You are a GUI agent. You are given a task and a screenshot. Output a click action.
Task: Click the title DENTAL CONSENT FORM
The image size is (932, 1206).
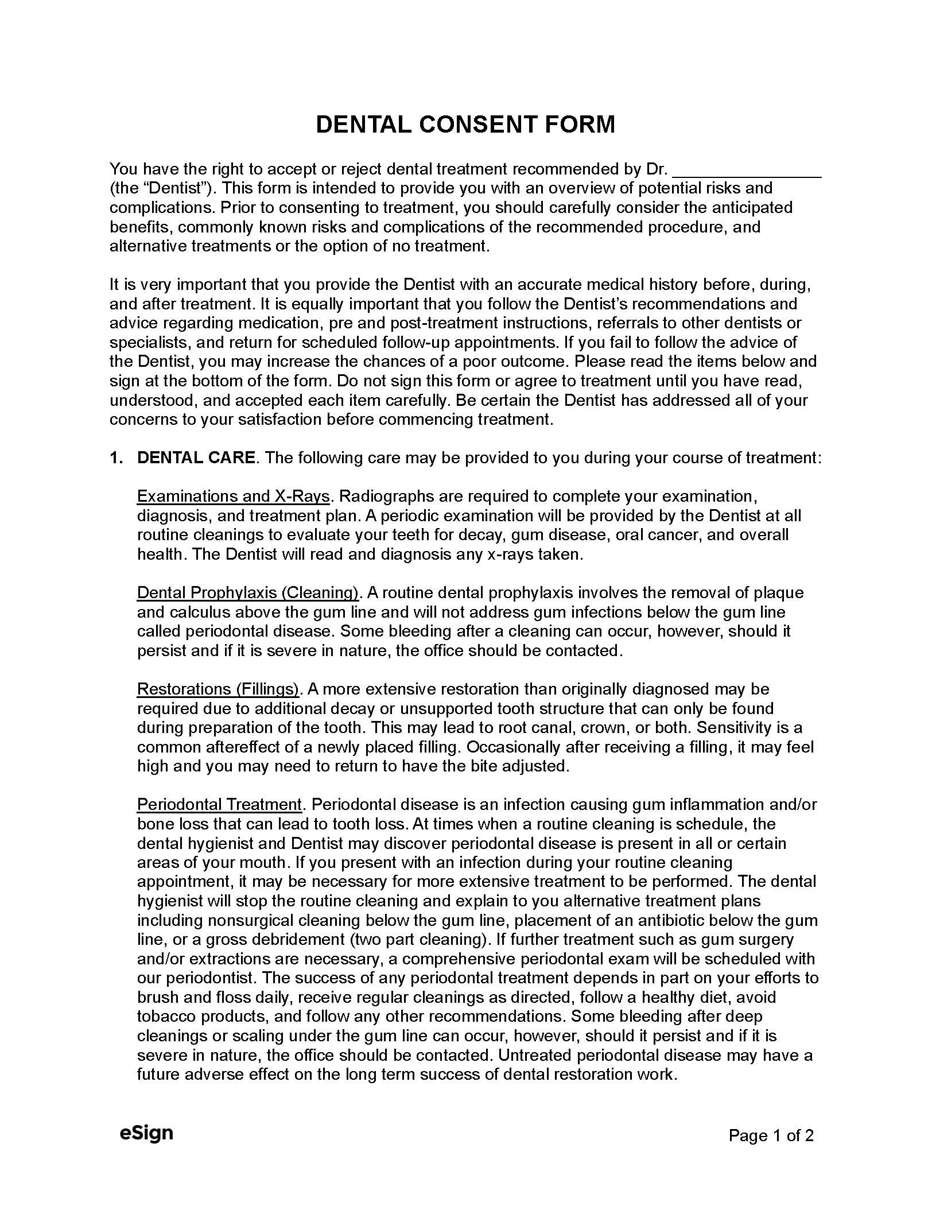(x=465, y=125)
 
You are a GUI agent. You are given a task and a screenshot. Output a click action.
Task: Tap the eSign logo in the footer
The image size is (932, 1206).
(x=146, y=1133)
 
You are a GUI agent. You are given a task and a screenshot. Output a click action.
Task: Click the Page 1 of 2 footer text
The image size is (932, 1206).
(x=771, y=1135)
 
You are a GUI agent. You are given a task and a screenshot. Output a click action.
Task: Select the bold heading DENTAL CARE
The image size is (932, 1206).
(x=196, y=458)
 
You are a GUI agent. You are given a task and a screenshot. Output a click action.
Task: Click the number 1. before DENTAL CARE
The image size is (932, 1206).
(x=116, y=458)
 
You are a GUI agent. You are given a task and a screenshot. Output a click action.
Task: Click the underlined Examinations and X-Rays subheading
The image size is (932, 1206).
(x=234, y=497)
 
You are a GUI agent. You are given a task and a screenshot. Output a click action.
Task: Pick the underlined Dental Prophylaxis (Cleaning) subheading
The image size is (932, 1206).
(x=248, y=593)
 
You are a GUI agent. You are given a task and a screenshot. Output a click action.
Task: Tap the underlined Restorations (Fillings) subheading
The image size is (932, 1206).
(x=219, y=689)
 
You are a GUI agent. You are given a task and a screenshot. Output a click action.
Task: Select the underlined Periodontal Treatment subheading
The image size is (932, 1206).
(x=219, y=805)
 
